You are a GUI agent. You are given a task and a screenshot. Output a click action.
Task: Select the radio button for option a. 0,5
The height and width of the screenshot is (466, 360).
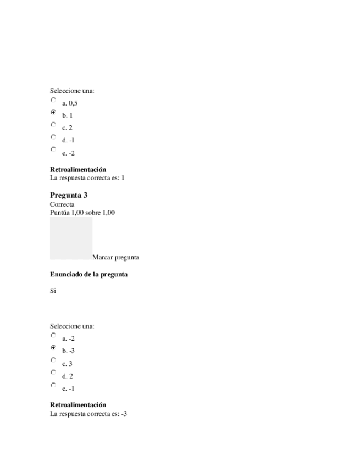[53, 100]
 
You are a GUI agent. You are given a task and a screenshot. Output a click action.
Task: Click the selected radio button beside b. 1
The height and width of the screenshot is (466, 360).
[53, 112]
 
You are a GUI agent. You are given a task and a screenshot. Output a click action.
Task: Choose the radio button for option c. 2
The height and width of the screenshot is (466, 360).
[53, 125]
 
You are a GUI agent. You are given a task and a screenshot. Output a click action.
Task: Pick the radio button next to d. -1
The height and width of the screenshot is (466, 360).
[53, 137]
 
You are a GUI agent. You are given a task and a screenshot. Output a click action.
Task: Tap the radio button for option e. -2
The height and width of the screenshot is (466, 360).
[53, 149]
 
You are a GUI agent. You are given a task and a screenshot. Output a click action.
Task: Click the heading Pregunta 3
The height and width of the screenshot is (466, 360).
[69, 195]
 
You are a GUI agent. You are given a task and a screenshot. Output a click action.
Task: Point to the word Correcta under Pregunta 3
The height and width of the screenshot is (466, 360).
[62, 204]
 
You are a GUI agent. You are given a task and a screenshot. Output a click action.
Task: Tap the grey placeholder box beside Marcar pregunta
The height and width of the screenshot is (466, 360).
[71, 238]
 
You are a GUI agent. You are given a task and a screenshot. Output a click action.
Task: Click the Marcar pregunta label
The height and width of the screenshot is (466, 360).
[115, 257]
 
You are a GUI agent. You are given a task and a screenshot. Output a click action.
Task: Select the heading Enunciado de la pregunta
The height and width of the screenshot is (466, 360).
[88, 274]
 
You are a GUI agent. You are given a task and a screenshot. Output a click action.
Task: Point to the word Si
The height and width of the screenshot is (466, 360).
[53, 291]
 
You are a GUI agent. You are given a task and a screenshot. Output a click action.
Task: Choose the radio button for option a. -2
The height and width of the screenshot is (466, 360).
[53, 335]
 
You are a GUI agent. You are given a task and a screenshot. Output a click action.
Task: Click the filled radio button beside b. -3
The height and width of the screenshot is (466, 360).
[53, 348]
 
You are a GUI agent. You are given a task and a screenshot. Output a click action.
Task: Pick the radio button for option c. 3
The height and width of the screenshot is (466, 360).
[53, 360]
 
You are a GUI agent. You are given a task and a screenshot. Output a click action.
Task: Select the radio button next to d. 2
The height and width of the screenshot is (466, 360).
[53, 373]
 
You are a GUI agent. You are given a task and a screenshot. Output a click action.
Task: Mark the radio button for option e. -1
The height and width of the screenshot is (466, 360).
[53, 385]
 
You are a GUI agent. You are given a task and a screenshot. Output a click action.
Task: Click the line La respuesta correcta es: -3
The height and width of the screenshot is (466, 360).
[88, 413]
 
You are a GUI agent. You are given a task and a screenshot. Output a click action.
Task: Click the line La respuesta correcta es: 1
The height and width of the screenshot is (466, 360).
[87, 178]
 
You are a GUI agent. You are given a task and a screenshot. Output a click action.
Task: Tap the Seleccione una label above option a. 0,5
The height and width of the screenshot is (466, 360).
[72, 91]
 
